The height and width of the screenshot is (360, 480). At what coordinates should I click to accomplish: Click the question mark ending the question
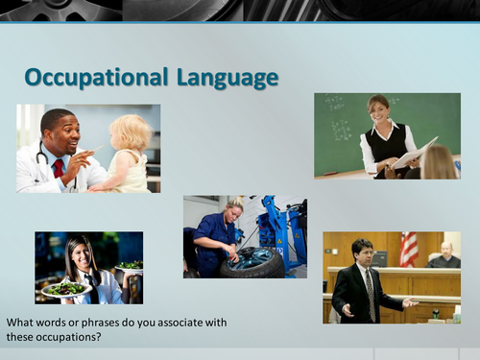click(101, 338)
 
